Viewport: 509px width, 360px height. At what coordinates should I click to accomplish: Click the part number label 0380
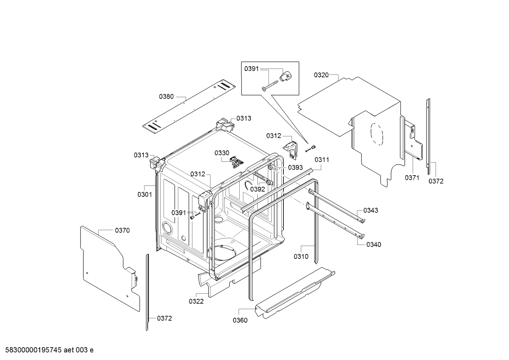pos(166,96)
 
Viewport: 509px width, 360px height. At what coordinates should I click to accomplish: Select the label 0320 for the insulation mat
pos(321,75)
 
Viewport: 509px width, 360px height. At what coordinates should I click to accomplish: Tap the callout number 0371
pos(412,178)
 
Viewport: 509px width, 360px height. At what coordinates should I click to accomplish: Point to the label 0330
pos(222,153)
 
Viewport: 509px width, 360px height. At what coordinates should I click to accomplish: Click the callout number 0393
pos(295,167)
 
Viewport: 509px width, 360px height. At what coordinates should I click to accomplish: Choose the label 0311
pos(322,160)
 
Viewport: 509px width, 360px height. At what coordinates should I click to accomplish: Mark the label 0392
pos(257,189)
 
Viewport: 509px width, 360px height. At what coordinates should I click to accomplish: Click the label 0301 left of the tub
pos(144,194)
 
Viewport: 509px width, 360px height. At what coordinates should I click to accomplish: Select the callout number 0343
pos(370,210)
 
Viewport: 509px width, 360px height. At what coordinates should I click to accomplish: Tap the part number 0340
pos(373,244)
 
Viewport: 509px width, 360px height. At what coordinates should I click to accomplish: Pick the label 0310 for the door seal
pos(301,256)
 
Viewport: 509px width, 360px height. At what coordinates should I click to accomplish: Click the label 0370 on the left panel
pos(122,230)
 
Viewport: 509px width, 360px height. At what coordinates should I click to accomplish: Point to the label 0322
pos(196,301)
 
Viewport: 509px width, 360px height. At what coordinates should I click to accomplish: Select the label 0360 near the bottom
pos(240,320)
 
